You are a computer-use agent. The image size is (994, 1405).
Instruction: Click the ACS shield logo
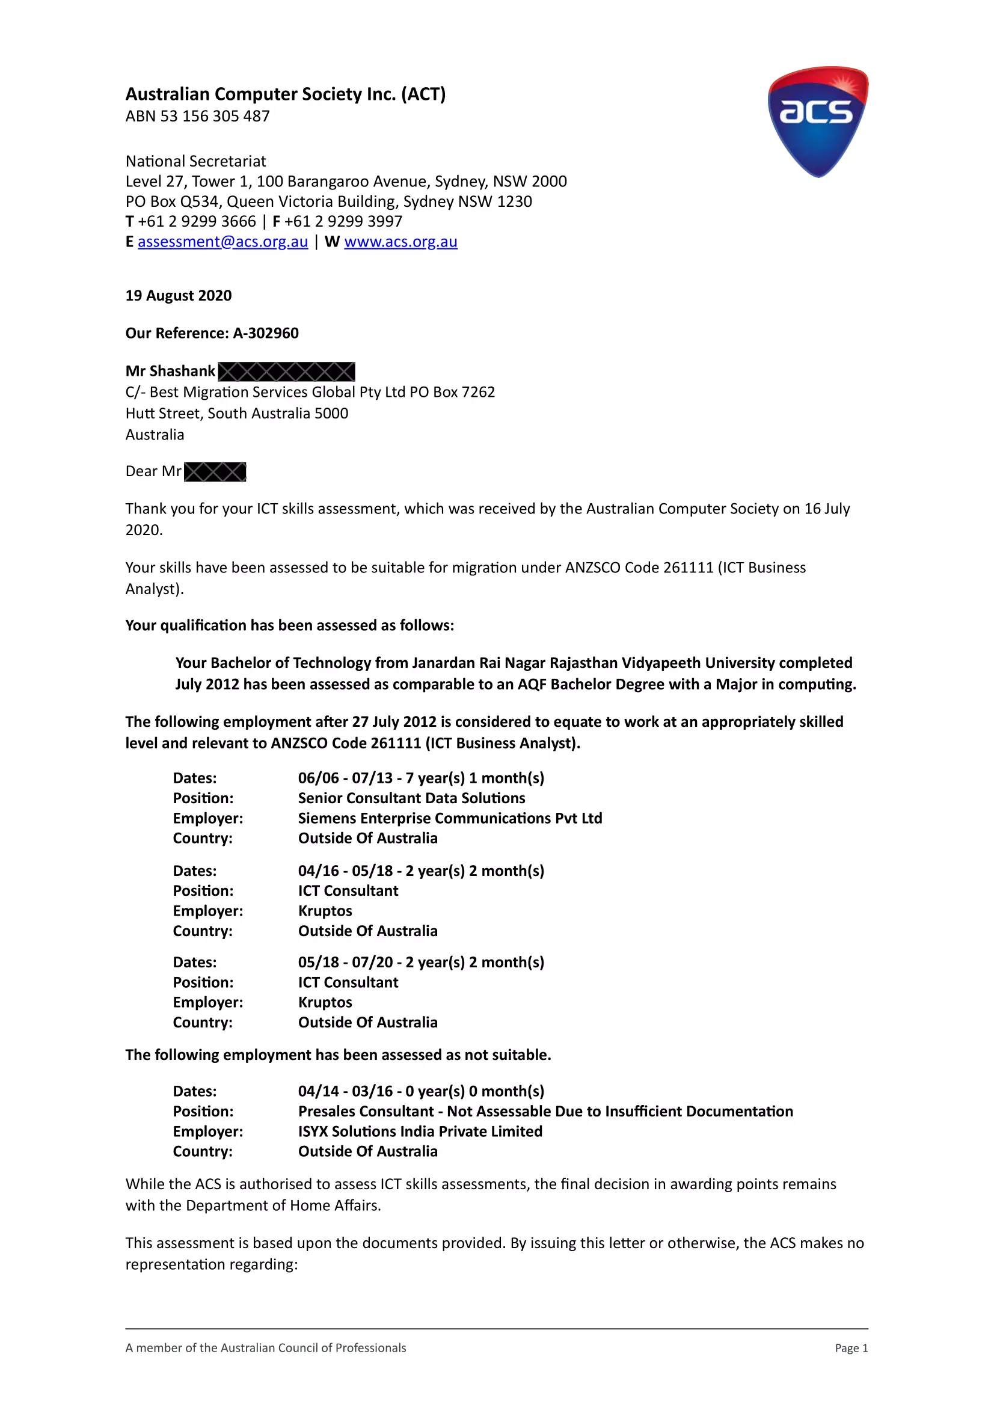tap(818, 121)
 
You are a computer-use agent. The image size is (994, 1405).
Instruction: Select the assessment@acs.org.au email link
tap(222, 242)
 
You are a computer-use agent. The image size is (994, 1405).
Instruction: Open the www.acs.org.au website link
tap(400, 242)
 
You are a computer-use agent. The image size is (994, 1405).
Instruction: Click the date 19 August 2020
tap(179, 296)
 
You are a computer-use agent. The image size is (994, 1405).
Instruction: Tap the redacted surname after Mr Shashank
tap(286, 372)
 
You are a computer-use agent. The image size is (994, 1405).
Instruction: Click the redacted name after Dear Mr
tap(215, 472)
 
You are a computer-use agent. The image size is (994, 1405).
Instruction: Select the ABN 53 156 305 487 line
tap(197, 116)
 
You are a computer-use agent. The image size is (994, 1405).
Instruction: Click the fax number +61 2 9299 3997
tap(343, 221)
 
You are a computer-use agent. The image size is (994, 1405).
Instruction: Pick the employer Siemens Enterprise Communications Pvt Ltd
tap(450, 818)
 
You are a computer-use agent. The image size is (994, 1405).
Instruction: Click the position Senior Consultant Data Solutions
tap(411, 798)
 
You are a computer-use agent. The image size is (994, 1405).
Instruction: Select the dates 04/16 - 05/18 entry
tap(420, 871)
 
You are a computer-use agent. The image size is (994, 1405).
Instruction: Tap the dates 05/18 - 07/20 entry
tap(420, 962)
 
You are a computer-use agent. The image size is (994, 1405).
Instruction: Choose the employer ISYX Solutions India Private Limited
tap(420, 1131)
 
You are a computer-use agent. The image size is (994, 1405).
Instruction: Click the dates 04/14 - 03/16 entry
tap(420, 1091)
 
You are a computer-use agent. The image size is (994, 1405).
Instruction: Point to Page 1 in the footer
tap(851, 1348)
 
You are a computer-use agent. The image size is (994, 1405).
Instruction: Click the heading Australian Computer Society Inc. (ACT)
tap(285, 94)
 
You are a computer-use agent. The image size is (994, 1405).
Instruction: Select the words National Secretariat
tap(196, 162)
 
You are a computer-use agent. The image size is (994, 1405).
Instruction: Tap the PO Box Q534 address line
tap(329, 201)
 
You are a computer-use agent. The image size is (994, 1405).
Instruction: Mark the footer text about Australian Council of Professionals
tap(266, 1348)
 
